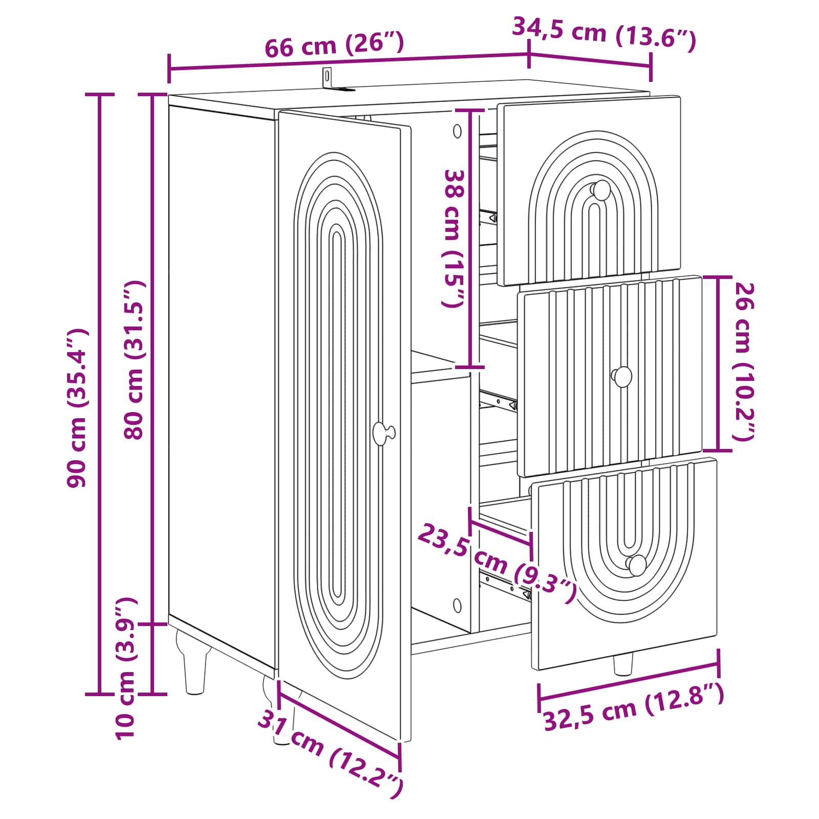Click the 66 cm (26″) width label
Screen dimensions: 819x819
click(x=334, y=45)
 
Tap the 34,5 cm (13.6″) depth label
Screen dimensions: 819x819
click(x=604, y=34)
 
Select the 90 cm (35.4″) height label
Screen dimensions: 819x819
click(x=78, y=408)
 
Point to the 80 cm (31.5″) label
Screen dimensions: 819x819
click(x=135, y=360)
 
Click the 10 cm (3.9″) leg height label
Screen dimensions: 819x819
click(x=125, y=668)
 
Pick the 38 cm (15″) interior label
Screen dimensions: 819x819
click(x=454, y=239)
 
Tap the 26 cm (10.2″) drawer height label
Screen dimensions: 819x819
click(x=744, y=361)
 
